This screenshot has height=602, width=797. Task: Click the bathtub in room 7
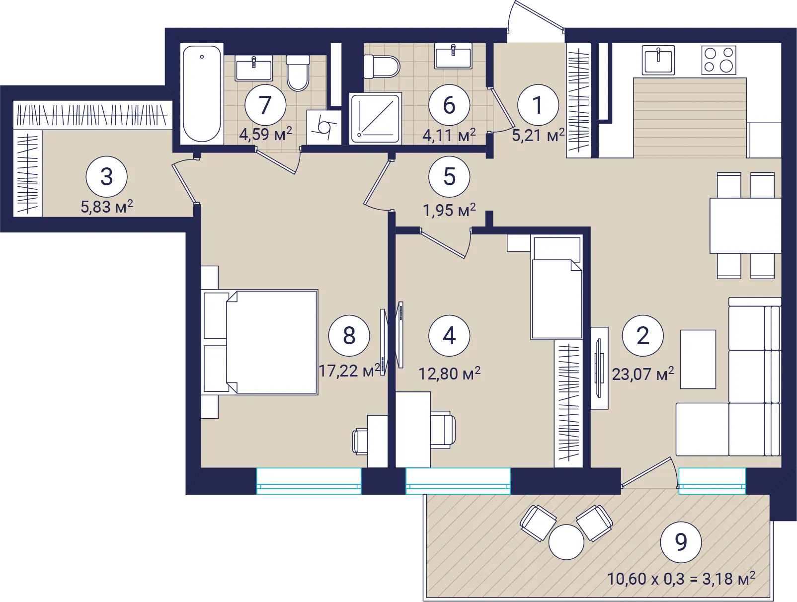202,94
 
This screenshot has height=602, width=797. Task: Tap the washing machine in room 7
324,127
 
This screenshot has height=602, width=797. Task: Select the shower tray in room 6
376,118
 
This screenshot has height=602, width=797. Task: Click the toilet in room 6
382,67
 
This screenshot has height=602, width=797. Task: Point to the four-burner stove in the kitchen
718,60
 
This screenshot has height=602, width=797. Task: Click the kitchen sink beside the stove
658,60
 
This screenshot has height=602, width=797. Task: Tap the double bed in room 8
259,342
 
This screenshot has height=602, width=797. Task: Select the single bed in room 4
557,287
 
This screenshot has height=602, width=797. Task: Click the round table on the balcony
566,542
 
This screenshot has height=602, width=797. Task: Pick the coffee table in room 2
698,359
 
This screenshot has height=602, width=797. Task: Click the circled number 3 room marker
106,177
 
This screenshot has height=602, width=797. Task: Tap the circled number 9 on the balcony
681,542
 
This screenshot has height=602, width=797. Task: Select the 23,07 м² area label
642,374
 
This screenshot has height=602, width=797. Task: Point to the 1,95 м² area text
449,210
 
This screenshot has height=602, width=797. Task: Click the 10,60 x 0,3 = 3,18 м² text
681,579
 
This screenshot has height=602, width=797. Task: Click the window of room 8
309,481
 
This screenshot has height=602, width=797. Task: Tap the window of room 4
458,481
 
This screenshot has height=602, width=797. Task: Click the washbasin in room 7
253,68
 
